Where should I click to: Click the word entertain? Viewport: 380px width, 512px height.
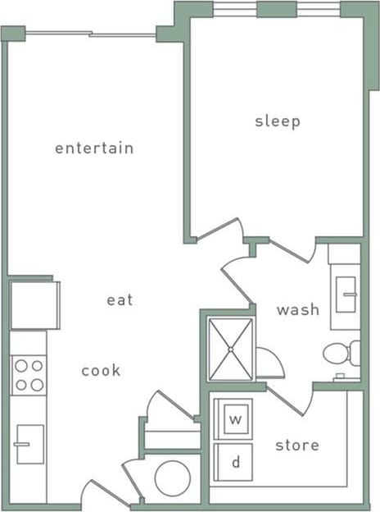pos(93,149)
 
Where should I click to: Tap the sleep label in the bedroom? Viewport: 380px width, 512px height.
pos(278,121)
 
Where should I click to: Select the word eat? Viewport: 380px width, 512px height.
pos(120,300)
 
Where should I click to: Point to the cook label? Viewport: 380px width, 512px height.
pos(101,371)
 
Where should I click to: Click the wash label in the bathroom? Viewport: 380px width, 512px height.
pos(297,309)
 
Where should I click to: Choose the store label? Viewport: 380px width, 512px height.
pos(296,446)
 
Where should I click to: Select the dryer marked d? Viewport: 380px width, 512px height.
pos(235,463)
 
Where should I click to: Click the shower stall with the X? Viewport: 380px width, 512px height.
pos(231,350)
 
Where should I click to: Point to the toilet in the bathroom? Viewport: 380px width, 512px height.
pos(340,354)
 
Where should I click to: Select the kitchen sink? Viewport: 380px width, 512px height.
pos(29,444)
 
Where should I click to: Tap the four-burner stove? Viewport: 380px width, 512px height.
pos(29,375)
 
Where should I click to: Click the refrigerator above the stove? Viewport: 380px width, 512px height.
pos(34,304)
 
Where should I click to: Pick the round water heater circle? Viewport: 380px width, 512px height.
pos(173,478)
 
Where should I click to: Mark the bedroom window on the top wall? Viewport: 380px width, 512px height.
pos(277,9)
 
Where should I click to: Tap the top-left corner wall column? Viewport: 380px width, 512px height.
pos(13,34)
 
